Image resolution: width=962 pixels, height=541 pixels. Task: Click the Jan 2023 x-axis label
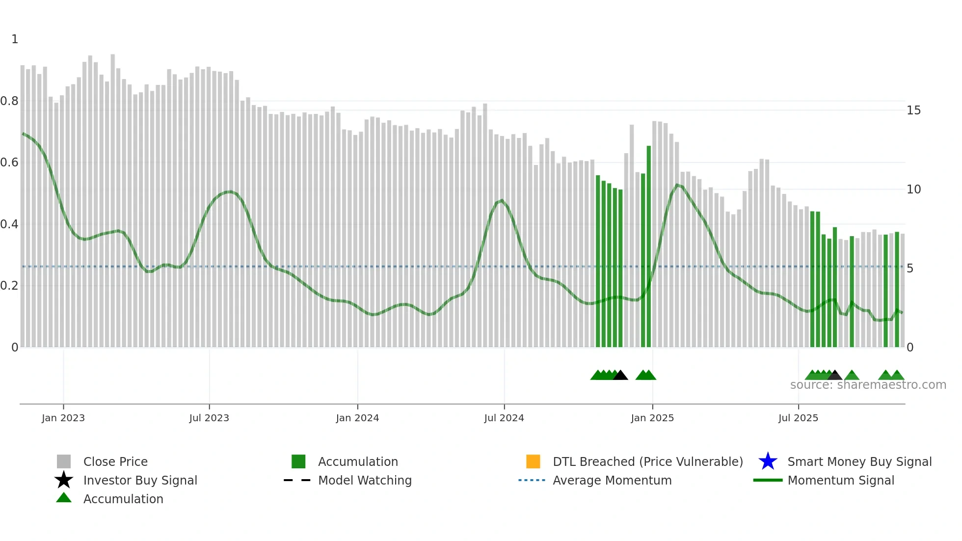click(63, 418)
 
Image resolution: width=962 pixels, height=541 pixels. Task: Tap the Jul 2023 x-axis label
click(209, 418)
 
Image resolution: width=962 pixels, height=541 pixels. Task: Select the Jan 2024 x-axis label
click(357, 418)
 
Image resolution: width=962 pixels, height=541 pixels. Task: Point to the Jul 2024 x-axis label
click(504, 418)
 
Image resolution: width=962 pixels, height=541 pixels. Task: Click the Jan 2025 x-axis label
click(652, 418)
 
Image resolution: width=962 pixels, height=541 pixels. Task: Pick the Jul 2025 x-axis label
click(798, 418)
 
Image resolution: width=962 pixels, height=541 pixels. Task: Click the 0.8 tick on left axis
click(9, 101)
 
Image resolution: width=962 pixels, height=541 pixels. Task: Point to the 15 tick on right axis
click(913, 110)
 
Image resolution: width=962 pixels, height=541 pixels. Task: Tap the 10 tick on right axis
click(913, 189)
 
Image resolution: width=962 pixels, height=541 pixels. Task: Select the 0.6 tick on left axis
click(9, 162)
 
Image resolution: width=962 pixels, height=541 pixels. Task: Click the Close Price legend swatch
click(64, 461)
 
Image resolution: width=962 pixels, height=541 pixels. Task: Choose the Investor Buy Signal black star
click(64, 480)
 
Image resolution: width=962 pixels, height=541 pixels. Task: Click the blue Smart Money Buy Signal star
click(768, 461)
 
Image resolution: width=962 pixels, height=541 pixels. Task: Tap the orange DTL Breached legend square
click(533, 461)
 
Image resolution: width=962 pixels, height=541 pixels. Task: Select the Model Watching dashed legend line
click(297, 480)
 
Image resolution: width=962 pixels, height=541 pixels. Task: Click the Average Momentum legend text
click(612, 480)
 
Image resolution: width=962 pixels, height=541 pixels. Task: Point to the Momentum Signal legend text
click(841, 480)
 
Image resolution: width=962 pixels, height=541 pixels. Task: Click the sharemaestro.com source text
click(868, 385)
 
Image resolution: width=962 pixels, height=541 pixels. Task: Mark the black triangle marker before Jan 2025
click(620, 376)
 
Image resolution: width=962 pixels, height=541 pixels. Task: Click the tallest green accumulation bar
click(649, 245)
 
